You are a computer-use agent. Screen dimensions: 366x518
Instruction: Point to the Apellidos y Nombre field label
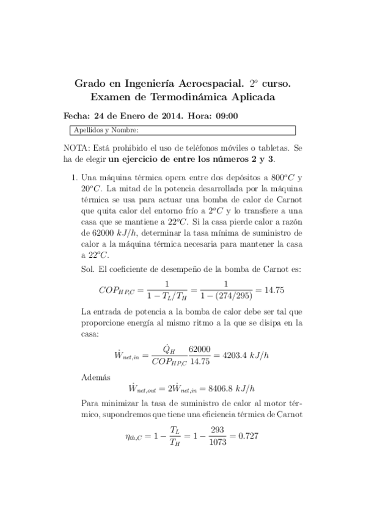point(106,129)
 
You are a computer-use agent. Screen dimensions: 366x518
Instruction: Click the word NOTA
point(76,148)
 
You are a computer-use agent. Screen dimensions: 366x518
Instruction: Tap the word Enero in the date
point(141,115)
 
